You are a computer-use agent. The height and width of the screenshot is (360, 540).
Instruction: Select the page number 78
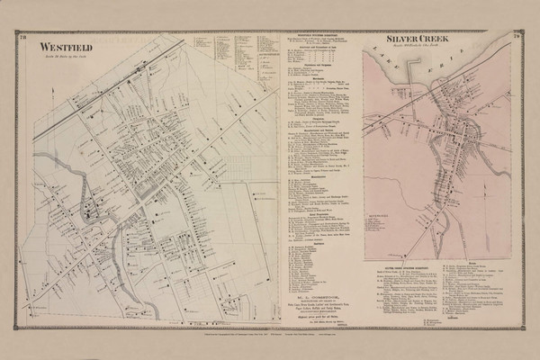[x=22, y=37]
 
